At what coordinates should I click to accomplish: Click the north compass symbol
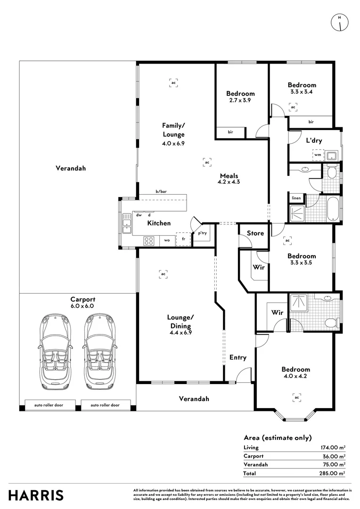coord(340,23)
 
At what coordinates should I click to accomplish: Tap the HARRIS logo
coord(36,495)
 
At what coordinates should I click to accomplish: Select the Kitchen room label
coord(159,223)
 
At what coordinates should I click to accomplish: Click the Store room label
coord(255,233)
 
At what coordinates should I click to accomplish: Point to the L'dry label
coord(314,140)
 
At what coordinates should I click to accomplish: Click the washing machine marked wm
coord(318,155)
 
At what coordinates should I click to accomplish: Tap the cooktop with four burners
coord(149,240)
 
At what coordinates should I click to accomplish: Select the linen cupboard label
coord(296,198)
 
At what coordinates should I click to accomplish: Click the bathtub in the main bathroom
coord(332,209)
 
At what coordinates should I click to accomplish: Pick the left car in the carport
coord(56,352)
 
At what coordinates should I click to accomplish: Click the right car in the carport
coord(100,352)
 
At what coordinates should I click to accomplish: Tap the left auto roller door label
coord(49,405)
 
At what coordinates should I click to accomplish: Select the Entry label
coord(238,357)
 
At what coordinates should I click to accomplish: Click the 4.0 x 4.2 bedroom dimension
coord(295,376)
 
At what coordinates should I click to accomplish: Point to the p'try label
coord(202,233)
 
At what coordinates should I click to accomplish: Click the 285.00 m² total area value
coord(332,473)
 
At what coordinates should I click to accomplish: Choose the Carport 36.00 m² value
coord(334,456)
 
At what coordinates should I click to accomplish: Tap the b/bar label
coord(161,191)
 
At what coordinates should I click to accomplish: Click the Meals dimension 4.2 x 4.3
coord(229,182)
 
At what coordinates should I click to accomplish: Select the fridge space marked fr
coord(183,239)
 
